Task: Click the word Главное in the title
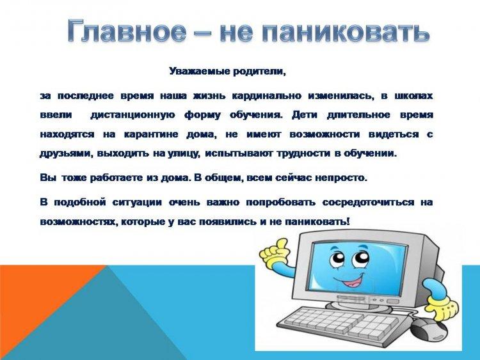click(x=127, y=30)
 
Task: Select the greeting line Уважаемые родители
click(x=227, y=72)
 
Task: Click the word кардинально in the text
click(x=267, y=96)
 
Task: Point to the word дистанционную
click(x=133, y=115)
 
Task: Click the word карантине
click(x=151, y=134)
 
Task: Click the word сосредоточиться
click(x=367, y=203)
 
